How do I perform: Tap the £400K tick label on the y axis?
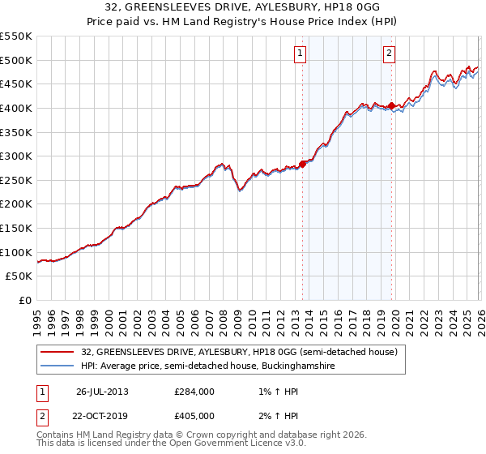pyautogui.click(x=16, y=108)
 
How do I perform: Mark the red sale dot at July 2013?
pyautogui.click(x=303, y=163)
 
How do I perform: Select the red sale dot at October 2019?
pyautogui.click(x=391, y=105)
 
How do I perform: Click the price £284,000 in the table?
pyautogui.click(x=194, y=392)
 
